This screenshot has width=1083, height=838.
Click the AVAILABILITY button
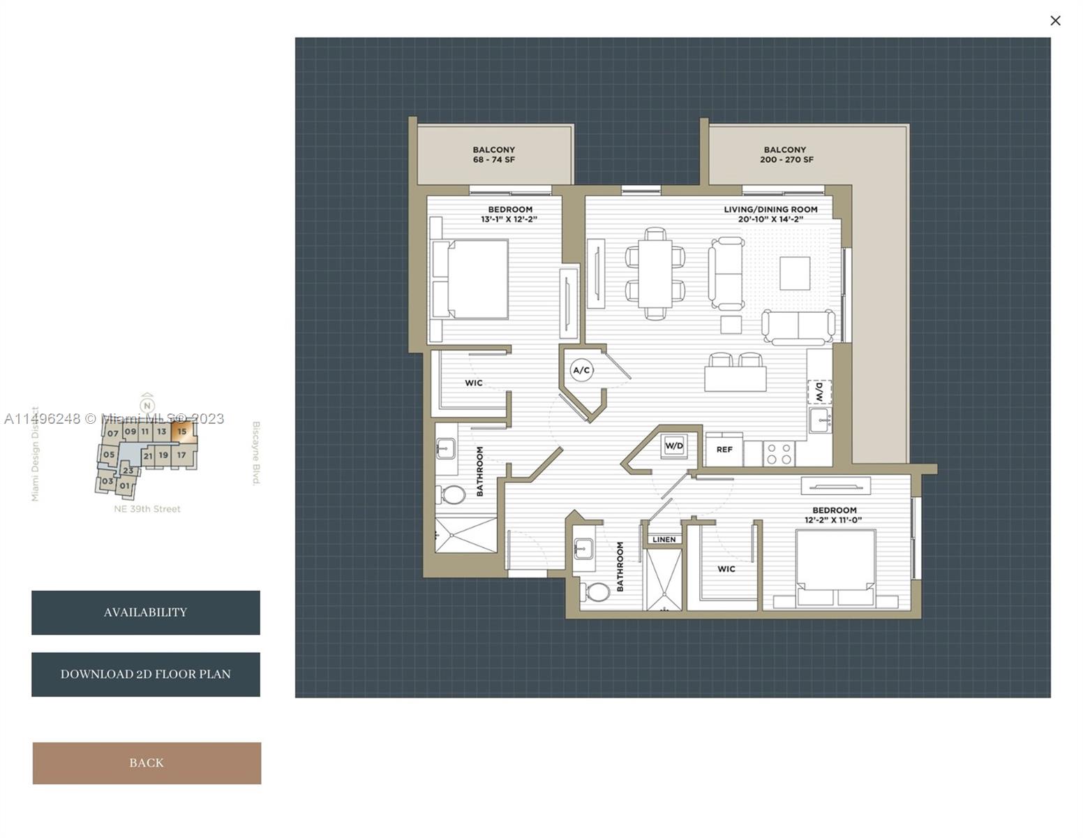coord(146,612)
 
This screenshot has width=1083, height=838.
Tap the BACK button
coord(147,763)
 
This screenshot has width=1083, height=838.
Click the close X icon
coord(1055,20)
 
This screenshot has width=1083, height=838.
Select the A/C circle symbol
coord(581,370)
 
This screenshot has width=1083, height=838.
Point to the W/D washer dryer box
coord(674,446)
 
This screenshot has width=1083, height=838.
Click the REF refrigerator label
coord(724,450)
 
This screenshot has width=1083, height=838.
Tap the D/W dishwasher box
coord(819,392)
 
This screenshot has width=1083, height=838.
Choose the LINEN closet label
coord(664,539)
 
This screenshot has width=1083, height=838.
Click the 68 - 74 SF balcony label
coord(493,159)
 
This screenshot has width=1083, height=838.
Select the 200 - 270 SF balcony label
coord(786,159)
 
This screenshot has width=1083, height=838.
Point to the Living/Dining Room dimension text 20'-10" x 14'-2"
coord(770,219)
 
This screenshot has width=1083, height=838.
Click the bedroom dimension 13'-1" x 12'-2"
coord(509,219)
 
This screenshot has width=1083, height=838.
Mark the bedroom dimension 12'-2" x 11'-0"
coord(832,520)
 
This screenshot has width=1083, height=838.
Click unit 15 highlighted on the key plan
coord(182,432)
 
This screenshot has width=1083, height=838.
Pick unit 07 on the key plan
coord(113,433)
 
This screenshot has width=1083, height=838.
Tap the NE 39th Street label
coord(147,509)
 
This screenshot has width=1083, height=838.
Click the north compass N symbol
coord(147,405)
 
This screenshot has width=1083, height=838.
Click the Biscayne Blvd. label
coord(256,453)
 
